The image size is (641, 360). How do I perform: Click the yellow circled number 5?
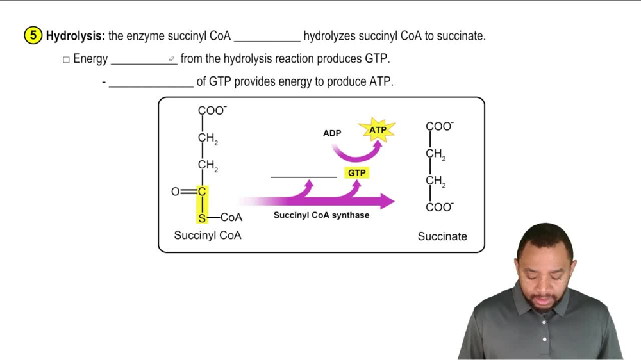(34, 36)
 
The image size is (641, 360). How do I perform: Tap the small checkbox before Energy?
(66, 60)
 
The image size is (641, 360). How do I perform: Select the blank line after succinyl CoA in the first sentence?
(267, 40)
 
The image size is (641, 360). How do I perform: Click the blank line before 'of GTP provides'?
(151, 85)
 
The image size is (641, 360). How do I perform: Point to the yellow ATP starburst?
(378, 130)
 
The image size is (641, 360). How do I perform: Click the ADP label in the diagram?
(332, 133)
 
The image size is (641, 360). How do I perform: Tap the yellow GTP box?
(356, 173)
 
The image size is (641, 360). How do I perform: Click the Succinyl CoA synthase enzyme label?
(321, 215)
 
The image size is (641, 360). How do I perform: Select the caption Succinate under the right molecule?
(442, 236)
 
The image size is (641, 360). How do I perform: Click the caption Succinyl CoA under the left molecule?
(208, 235)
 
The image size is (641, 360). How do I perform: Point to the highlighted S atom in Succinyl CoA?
(202, 218)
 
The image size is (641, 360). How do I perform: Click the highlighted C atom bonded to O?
(202, 192)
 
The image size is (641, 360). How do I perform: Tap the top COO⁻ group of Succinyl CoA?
(212, 110)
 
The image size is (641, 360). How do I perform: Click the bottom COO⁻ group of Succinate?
(440, 207)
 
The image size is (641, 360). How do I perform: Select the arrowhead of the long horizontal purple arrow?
(387, 201)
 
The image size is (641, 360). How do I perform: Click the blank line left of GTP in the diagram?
(303, 176)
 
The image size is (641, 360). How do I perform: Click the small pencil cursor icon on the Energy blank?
(172, 60)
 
